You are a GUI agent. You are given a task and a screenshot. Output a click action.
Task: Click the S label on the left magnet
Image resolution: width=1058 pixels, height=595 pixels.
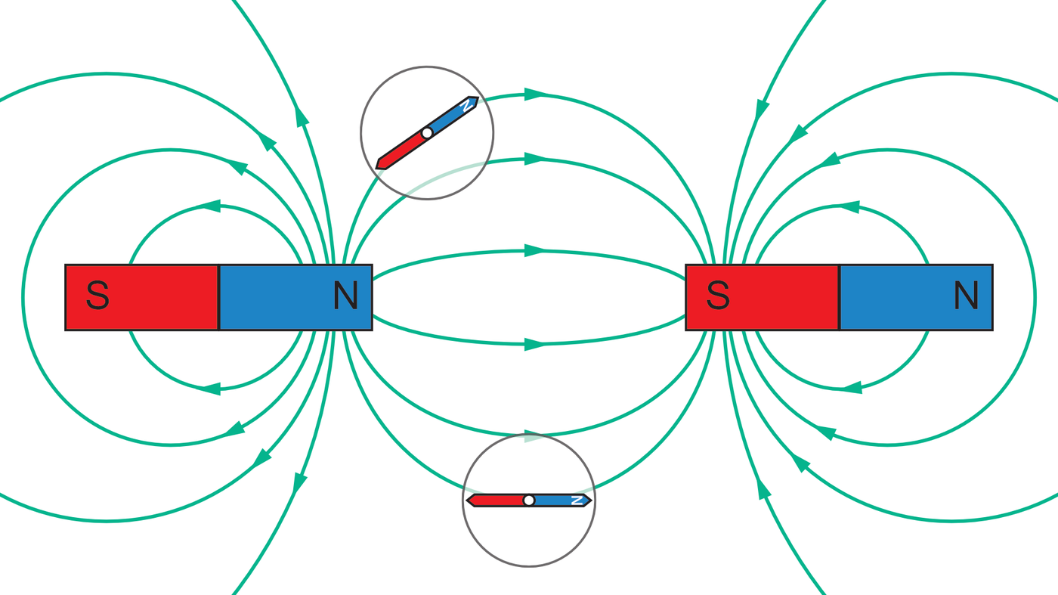(x=97, y=296)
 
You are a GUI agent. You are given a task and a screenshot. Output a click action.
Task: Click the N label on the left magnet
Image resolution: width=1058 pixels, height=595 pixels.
(x=346, y=296)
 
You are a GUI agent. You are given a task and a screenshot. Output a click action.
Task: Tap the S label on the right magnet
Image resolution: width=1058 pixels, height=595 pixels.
(x=718, y=296)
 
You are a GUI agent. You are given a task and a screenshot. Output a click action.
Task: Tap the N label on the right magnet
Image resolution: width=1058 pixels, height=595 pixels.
(x=967, y=296)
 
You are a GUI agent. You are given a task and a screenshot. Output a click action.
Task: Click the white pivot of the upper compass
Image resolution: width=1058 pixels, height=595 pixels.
(x=427, y=133)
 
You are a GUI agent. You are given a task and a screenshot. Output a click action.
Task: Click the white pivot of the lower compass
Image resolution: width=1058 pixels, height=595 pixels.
(x=529, y=500)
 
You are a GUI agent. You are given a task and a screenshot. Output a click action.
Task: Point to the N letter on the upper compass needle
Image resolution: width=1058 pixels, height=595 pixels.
(x=468, y=104)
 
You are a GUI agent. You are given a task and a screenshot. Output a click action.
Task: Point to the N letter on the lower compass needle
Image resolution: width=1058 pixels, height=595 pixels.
(x=577, y=500)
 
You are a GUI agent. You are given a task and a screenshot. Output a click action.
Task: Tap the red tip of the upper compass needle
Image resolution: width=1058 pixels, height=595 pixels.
(x=381, y=163)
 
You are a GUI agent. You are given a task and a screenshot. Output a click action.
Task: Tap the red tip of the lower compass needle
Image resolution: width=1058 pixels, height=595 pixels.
(x=471, y=500)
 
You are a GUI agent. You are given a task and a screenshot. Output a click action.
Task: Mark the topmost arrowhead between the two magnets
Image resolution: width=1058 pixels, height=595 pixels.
(x=535, y=95)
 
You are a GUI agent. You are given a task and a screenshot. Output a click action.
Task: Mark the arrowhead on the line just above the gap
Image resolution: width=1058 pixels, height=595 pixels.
(x=535, y=250)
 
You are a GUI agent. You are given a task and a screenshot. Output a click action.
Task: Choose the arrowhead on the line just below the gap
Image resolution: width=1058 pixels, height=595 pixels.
(x=535, y=345)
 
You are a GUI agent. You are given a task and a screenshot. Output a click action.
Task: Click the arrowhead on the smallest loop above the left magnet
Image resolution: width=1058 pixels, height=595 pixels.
(x=210, y=206)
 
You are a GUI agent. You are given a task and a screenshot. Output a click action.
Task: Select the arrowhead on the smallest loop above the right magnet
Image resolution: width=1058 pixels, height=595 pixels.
(x=849, y=206)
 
